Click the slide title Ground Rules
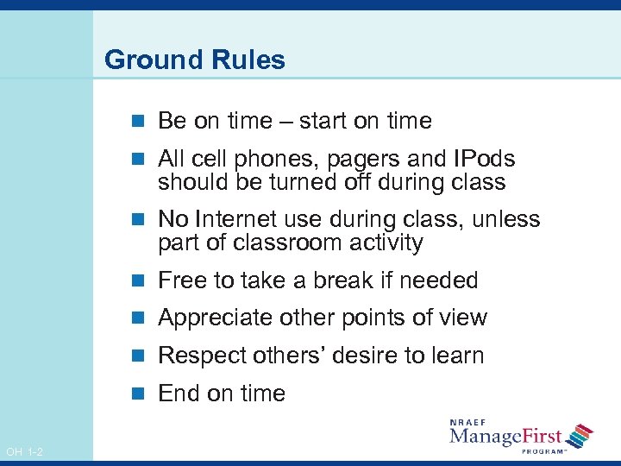(x=194, y=60)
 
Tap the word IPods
(x=484, y=160)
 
